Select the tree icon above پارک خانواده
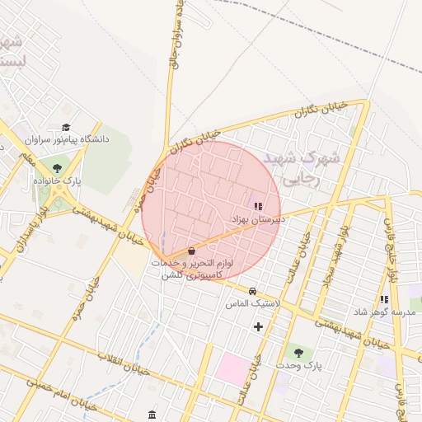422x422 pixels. [57, 167]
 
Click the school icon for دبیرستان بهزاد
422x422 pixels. [258, 206]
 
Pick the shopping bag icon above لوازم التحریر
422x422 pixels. [191, 250]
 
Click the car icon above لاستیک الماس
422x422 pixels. [253, 291]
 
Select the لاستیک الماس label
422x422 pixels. [253, 303]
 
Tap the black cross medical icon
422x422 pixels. [259, 326]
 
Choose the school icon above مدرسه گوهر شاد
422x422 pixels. [384, 299]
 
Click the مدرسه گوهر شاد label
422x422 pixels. [385, 312]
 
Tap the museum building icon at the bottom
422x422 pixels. [152, 414]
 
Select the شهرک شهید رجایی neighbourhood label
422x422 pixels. [295, 168]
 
